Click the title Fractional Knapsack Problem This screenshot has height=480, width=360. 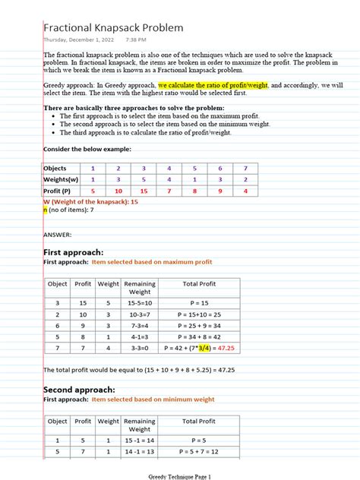(113, 28)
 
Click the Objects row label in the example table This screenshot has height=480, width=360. (55, 168)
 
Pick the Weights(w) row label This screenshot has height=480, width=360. (60, 179)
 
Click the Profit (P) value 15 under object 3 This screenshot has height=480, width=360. (144, 191)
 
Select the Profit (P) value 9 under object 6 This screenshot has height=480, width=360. (219, 191)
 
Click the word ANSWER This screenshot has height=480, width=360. (58, 235)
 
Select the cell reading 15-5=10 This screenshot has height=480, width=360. (140, 302)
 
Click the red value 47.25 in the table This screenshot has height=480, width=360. (226, 349)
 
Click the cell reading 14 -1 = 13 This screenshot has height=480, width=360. (140, 451)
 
